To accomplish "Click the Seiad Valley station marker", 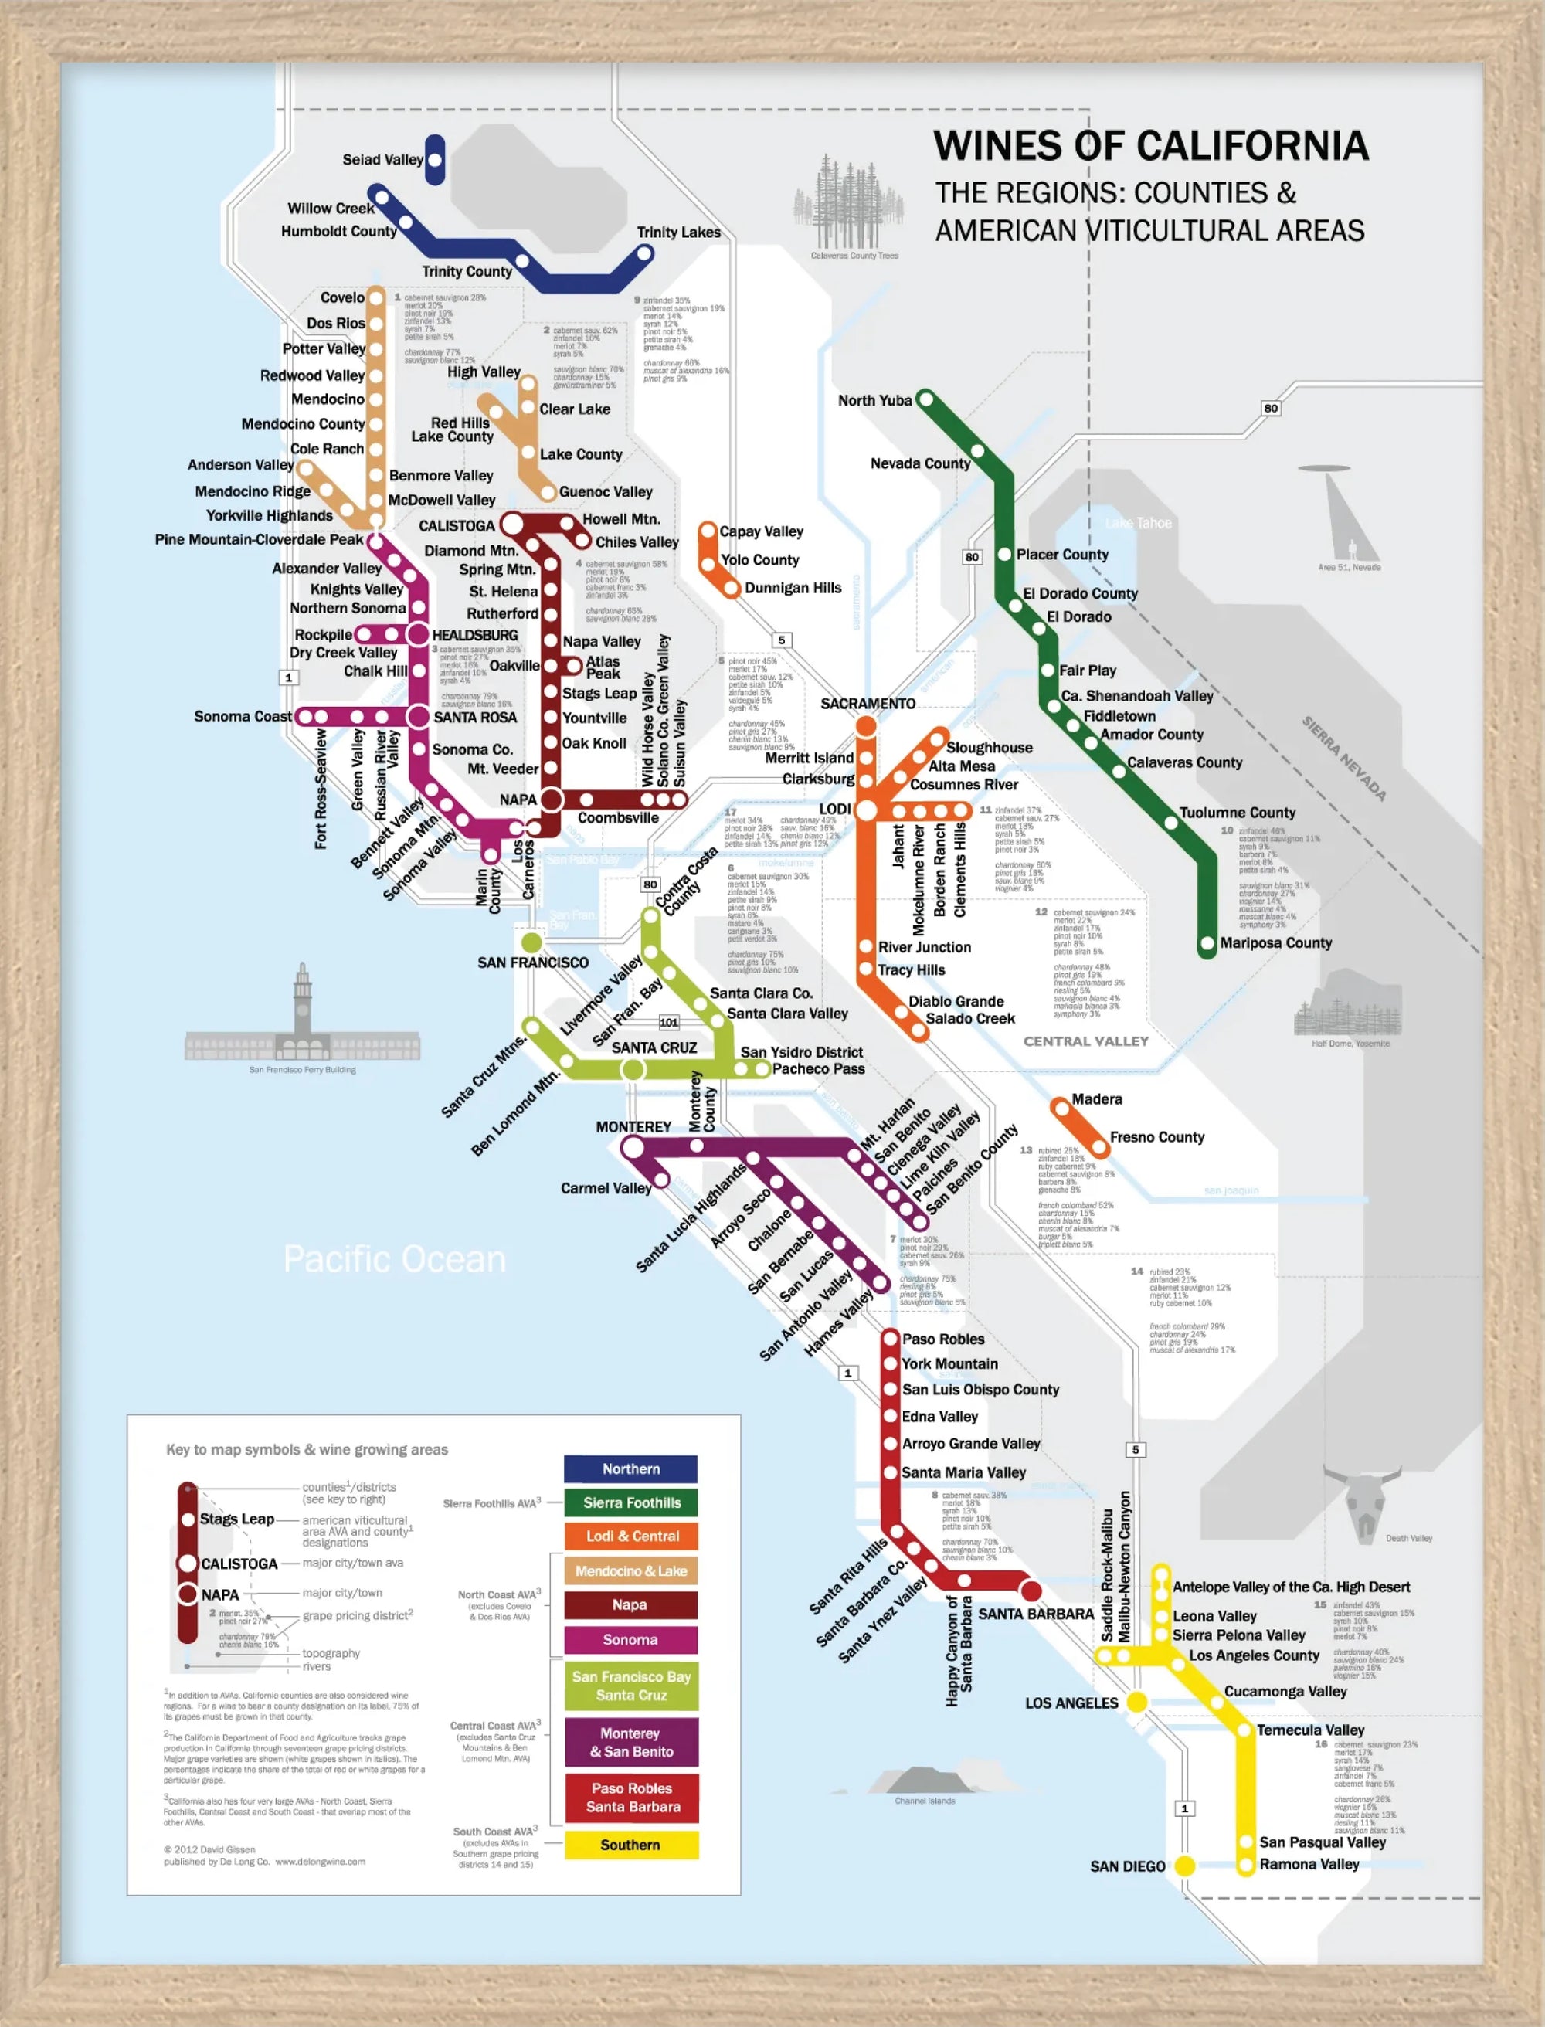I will (435, 160).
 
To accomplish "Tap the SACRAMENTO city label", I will (868, 704).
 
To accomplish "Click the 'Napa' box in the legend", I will (630, 1605).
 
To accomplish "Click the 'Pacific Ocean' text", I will (395, 1259).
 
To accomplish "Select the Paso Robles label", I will (942, 1339).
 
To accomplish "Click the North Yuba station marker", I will (927, 399).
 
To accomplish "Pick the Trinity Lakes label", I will (679, 233).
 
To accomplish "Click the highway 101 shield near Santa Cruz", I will (668, 1023).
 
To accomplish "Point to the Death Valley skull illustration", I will (1360, 1499).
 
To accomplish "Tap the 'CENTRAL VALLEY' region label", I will (1086, 1041).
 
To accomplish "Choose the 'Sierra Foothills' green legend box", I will (631, 1502).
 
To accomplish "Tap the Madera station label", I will (1096, 1099).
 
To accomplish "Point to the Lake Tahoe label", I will (1139, 523).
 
